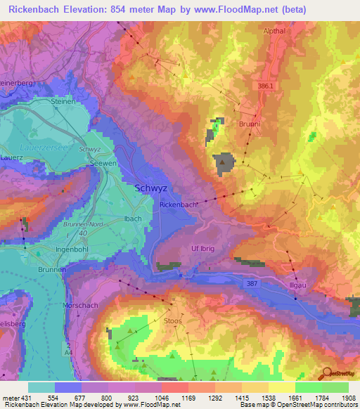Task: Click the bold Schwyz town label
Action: pyautogui.click(x=150, y=188)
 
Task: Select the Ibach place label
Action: pyautogui.click(x=134, y=219)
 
